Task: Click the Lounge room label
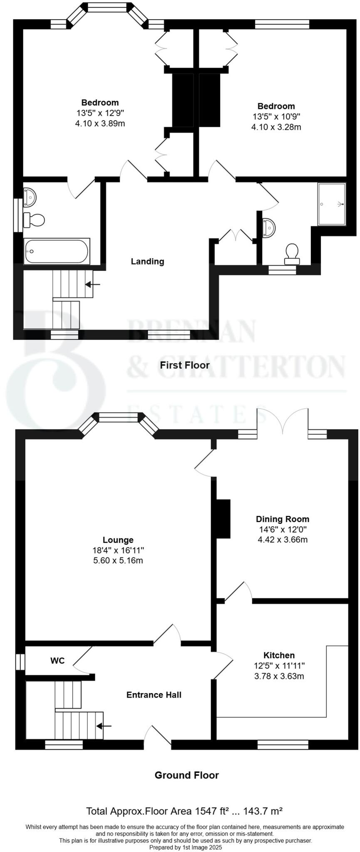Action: (118, 540)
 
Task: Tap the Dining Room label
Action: (282, 519)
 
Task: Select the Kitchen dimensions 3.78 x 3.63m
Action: (279, 676)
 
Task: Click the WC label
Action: (57, 661)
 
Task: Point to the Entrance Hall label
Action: (154, 695)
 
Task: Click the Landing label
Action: (147, 261)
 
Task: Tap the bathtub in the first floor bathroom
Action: (57, 251)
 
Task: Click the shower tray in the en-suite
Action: (332, 204)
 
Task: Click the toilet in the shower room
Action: (292, 254)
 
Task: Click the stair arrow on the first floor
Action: (93, 285)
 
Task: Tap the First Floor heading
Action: (185, 365)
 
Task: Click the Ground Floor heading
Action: (186, 775)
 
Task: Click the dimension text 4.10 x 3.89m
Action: (100, 123)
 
